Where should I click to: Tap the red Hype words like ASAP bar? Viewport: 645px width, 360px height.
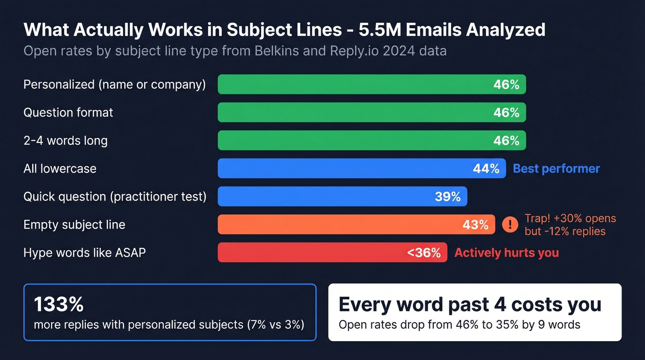pyautogui.click(x=313, y=253)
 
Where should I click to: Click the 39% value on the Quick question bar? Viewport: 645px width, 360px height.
pyautogui.click(x=447, y=197)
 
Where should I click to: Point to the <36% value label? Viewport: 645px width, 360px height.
pyautogui.click(x=424, y=253)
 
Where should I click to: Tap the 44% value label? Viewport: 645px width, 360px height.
pyautogui.click(x=486, y=169)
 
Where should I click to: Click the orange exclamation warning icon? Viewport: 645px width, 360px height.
pyautogui.click(x=510, y=224)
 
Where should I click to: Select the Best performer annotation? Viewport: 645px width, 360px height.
pyautogui.click(x=556, y=169)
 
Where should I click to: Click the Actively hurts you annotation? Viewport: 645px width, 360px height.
pyautogui.click(x=506, y=253)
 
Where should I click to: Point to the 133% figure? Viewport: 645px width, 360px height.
pyautogui.click(x=59, y=304)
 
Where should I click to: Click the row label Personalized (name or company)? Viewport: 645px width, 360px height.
pyautogui.click(x=114, y=85)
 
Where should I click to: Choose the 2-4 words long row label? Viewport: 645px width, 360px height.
pyautogui.click(x=65, y=141)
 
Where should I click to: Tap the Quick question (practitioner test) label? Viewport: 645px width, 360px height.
pyautogui.click(x=115, y=197)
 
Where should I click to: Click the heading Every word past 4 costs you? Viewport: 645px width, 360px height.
pyautogui.click(x=469, y=304)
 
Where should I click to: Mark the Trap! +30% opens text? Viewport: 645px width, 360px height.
pyautogui.click(x=570, y=218)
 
